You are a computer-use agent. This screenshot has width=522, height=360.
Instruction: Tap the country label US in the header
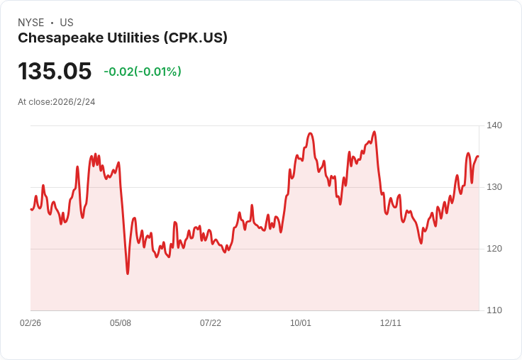point(67,23)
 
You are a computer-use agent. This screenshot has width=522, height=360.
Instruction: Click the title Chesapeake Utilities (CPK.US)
point(123,38)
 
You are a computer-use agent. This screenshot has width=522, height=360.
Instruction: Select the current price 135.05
point(55,72)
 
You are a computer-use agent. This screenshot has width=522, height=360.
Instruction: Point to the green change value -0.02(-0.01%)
point(143,72)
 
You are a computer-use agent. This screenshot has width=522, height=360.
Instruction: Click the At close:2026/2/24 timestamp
point(57,102)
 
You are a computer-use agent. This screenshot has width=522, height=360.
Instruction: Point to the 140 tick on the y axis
point(494,125)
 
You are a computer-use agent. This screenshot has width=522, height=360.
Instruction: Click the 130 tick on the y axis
point(494,187)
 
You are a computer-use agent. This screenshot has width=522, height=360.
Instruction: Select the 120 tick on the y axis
point(494,249)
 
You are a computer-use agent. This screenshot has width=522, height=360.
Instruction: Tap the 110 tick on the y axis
point(494,310)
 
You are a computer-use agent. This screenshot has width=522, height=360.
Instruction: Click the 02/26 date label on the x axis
point(30,323)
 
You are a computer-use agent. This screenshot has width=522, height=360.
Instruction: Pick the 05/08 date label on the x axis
point(121,323)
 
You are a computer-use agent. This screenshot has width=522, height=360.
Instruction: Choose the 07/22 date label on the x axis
point(211,323)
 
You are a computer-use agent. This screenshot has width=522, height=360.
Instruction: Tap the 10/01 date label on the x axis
point(301,323)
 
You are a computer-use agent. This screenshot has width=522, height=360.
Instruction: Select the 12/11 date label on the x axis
point(391,323)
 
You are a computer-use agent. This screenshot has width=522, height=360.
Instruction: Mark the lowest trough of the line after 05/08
point(128,274)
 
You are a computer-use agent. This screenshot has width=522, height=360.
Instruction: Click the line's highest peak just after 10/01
point(311,133)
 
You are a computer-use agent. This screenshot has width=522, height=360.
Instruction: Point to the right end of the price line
point(478,157)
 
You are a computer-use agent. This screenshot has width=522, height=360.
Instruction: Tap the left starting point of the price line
point(30,209)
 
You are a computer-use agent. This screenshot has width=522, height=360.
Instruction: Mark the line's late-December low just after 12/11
point(421,243)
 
